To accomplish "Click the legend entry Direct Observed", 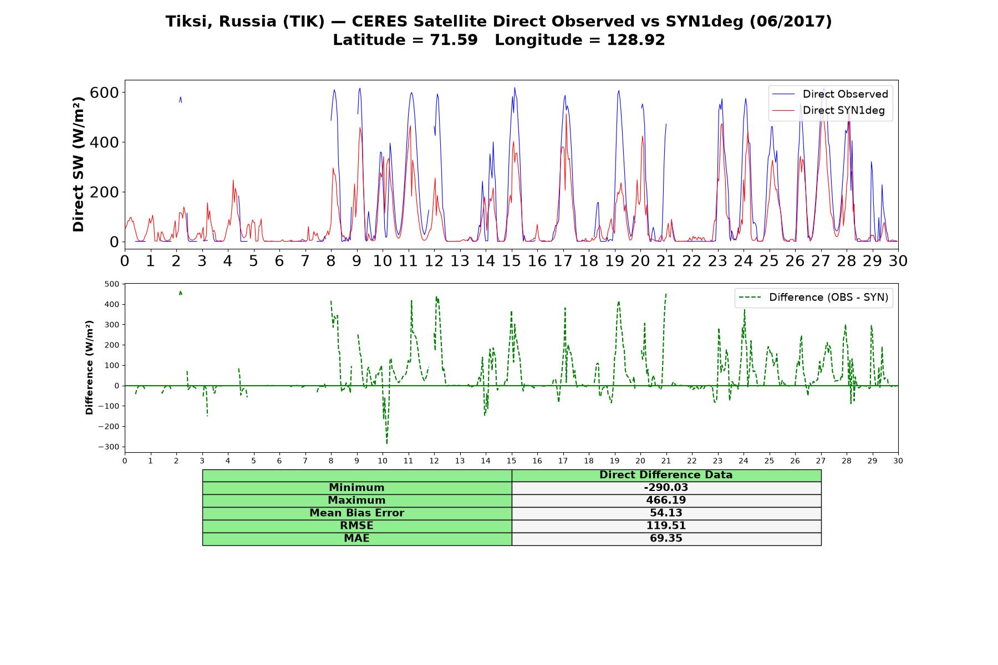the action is [x=830, y=94].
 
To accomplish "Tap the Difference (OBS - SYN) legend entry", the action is [x=813, y=298].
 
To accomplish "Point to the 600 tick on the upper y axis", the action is [x=105, y=93].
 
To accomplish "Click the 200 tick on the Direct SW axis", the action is [x=105, y=192].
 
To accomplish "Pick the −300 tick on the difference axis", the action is [x=109, y=447].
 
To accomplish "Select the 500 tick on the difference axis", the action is [x=111, y=284].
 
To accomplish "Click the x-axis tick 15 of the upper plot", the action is [x=511, y=260].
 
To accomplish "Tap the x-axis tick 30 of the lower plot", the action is [x=898, y=461].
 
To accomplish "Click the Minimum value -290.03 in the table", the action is [x=666, y=488].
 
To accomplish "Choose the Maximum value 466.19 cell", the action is [x=666, y=500].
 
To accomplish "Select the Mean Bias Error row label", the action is [x=357, y=513].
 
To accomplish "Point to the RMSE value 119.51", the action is [x=666, y=526].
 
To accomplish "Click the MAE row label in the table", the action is [x=357, y=539].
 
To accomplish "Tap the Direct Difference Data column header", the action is [x=666, y=475].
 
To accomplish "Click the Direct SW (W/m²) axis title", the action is [x=78, y=165].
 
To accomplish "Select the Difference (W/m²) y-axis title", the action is [x=89, y=368].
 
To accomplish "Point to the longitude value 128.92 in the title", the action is [x=636, y=40].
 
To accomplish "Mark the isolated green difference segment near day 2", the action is [x=180, y=293].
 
